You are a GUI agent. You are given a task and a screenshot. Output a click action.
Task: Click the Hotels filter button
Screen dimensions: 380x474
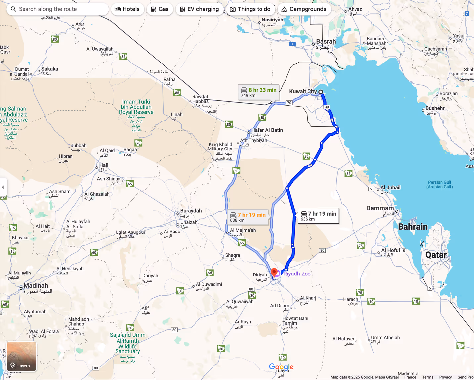pyautogui.click(x=127, y=9)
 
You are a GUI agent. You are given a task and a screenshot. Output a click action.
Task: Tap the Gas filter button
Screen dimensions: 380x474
pyautogui.click(x=160, y=9)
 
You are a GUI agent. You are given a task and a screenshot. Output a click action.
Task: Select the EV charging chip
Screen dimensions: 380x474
pyautogui.click(x=200, y=9)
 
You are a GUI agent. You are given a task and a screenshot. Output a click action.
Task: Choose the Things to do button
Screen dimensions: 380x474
pyautogui.click(x=250, y=9)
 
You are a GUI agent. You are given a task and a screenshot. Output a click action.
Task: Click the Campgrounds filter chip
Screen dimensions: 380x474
pyautogui.click(x=304, y=9)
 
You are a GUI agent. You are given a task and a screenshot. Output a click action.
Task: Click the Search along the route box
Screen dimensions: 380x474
pyautogui.click(x=57, y=9)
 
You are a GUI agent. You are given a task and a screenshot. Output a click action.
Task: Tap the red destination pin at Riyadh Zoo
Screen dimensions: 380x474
pyautogui.click(x=274, y=272)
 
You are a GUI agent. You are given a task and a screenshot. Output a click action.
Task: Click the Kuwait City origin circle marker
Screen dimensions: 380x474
pyautogui.click(x=321, y=92)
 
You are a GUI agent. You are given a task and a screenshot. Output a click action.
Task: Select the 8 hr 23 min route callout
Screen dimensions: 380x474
pyautogui.click(x=259, y=92)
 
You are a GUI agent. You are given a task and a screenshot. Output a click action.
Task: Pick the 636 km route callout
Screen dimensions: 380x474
pyautogui.click(x=318, y=216)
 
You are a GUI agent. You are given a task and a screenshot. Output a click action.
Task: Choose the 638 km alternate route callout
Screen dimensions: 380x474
pyautogui.click(x=248, y=217)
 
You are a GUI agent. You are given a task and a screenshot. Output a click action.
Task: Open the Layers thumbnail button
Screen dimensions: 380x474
pyautogui.click(x=22, y=357)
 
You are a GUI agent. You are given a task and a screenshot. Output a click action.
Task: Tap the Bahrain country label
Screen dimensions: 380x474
pyautogui.click(x=413, y=227)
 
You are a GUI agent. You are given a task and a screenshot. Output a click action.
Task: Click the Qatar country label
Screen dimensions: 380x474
pyautogui.click(x=436, y=255)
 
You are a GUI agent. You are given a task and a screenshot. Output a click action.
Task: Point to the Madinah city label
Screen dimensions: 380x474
pyautogui.click(x=36, y=286)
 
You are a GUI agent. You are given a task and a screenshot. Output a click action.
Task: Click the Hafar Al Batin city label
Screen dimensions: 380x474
pyautogui.click(x=267, y=130)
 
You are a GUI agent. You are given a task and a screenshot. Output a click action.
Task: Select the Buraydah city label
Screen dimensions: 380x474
pyautogui.click(x=191, y=211)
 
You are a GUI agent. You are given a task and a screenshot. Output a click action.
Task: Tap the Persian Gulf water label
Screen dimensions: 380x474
pyautogui.click(x=440, y=184)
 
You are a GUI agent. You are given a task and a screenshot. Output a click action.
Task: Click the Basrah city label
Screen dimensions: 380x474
pyautogui.click(x=326, y=42)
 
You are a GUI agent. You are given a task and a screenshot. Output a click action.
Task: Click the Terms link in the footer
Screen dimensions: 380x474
pyautogui.click(x=427, y=377)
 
